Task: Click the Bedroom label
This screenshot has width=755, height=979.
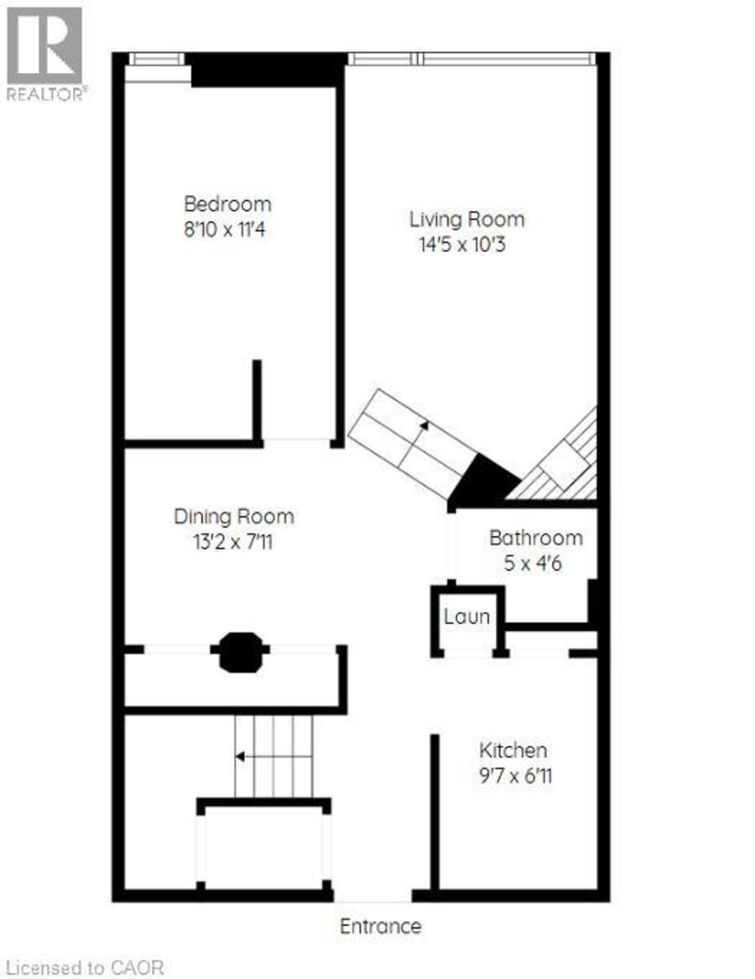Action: pyautogui.click(x=227, y=204)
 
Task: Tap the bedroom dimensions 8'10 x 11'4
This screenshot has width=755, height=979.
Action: pyautogui.click(x=224, y=230)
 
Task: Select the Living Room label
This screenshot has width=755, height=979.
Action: pyautogui.click(x=466, y=219)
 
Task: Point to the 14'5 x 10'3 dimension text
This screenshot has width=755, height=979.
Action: pyautogui.click(x=462, y=245)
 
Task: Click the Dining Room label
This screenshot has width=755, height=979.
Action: pyautogui.click(x=233, y=517)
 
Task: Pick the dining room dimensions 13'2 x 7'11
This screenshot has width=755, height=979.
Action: pyautogui.click(x=233, y=542)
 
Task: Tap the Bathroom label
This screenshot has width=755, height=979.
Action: pyautogui.click(x=536, y=538)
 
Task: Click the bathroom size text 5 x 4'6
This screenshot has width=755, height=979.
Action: pyautogui.click(x=533, y=563)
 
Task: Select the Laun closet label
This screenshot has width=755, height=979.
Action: pyautogui.click(x=466, y=617)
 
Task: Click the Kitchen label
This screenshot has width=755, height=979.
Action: pyautogui.click(x=513, y=750)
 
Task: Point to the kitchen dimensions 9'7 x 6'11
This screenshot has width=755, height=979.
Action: pyautogui.click(x=515, y=776)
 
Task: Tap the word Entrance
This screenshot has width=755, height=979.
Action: pyautogui.click(x=380, y=926)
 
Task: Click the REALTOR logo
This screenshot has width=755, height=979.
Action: pyautogui.click(x=45, y=54)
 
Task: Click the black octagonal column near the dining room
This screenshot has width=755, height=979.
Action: pyautogui.click(x=241, y=652)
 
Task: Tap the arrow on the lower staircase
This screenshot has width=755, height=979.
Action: pyautogui.click(x=273, y=757)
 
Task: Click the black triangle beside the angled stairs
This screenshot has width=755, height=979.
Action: pyautogui.click(x=482, y=482)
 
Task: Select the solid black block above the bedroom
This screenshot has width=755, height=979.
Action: pyautogui.click(x=268, y=70)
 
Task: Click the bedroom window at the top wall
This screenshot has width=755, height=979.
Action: pyautogui.click(x=157, y=60)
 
